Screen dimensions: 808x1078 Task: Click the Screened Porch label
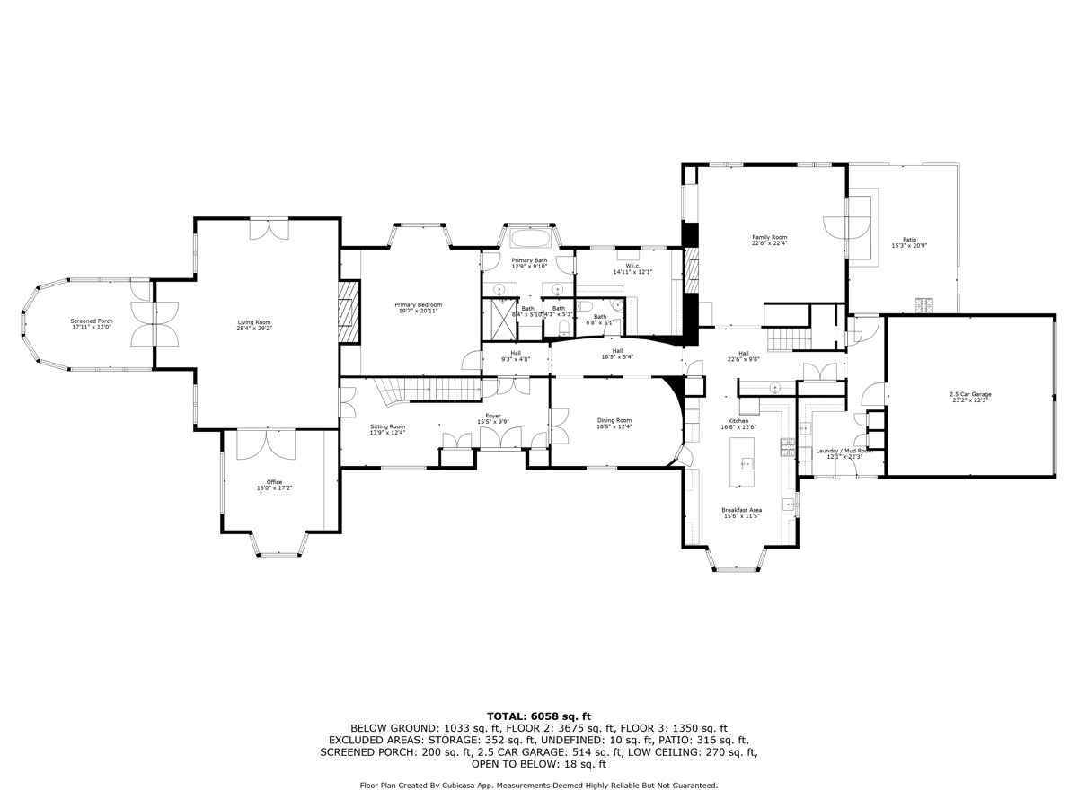pos(92,321)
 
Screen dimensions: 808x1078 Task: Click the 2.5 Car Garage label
pos(970,395)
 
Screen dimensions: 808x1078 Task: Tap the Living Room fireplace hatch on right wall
pos(349,311)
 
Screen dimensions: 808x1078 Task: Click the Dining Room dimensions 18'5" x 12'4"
pos(615,427)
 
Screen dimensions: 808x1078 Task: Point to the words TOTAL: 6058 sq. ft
pos(538,716)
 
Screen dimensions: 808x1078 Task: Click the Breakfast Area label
pos(741,510)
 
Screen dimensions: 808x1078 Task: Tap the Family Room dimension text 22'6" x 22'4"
pos(769,243)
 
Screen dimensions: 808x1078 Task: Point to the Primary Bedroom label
pos(418,305)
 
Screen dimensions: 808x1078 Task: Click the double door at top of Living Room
pos(269,230)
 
